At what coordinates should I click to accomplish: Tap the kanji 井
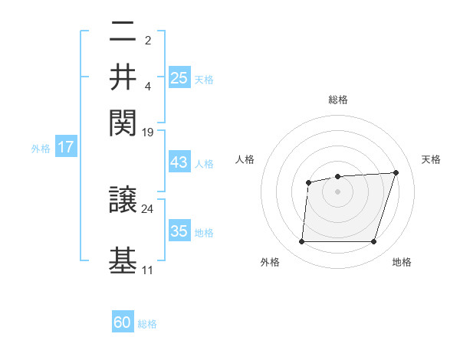[123, 77]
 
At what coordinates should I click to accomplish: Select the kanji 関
[123, 121]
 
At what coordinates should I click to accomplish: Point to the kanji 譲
[123, 201]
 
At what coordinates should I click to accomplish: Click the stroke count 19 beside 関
[148, 133]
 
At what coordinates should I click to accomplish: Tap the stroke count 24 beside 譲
[148, 208]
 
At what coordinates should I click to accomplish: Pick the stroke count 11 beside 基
[148, 270]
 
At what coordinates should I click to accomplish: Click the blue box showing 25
[179, 77]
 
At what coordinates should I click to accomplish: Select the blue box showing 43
[179, 163]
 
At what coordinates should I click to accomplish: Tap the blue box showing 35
[179, 231]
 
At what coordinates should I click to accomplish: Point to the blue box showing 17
[66, 147]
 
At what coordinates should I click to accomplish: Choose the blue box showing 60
[123, 322]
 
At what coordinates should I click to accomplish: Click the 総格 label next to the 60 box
[148, 324]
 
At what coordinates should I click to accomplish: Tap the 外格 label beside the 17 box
[41, 149]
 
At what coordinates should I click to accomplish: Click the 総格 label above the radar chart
[337, 100]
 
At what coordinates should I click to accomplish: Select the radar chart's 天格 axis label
[431, 159]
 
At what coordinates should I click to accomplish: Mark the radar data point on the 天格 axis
[396, 172]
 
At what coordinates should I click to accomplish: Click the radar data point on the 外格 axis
[301, 242]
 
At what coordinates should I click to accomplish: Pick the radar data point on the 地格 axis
[374, 242]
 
